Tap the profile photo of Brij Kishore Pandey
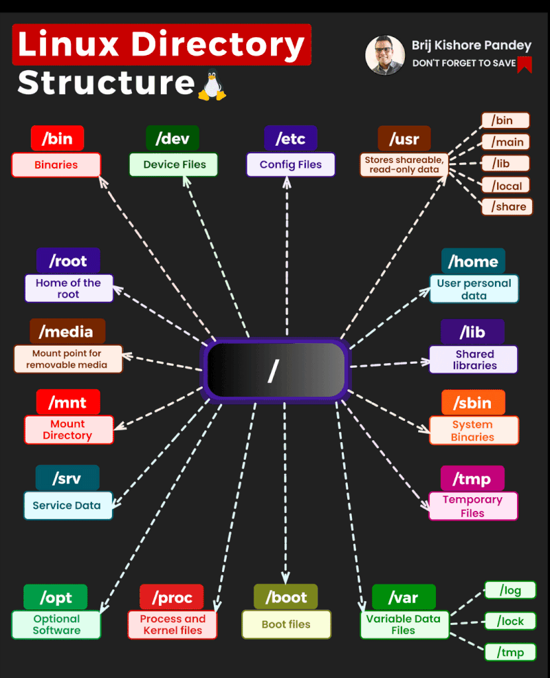(385, 55)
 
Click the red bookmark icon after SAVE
(525, 64)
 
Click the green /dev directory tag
(172, 138)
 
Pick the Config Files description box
(291, 165)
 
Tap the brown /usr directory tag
(404, 138)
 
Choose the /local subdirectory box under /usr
(506, 185)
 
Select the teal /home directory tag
(473, 261)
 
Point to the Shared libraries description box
(474, 360)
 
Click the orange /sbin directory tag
(473, 402)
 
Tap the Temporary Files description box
(473, 506)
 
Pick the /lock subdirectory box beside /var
(510, 621)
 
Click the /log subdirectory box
(510, 590)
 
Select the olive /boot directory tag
(286, 597)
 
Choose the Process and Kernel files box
(173, 624)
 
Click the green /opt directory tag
(56, 597)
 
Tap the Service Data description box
(67, 505)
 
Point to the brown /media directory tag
(67, 331)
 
